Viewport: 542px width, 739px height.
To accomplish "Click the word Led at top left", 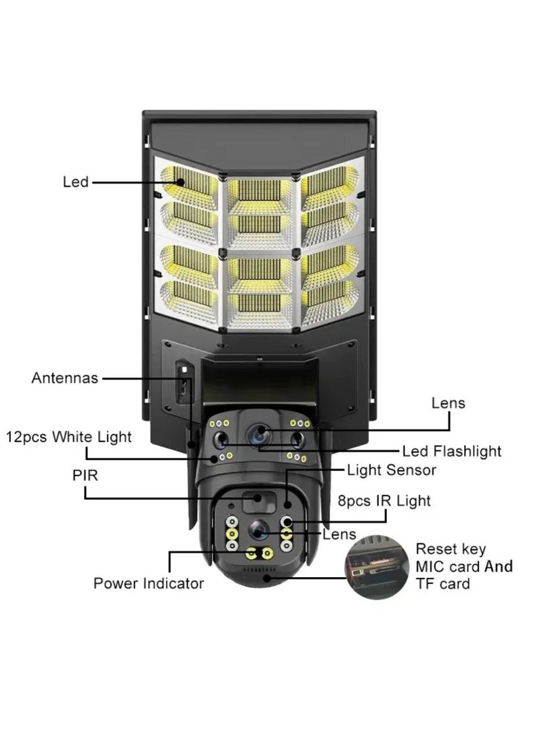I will tap(75, 182).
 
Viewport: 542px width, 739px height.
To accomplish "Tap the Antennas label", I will tap(64, 378).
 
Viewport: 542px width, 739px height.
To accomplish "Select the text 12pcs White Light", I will tap(68, 437).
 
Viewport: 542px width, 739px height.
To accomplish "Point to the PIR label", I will tap(85, 476).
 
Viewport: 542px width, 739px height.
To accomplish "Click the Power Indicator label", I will tap(148, 583).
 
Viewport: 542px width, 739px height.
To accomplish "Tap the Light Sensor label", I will tap(391, 469).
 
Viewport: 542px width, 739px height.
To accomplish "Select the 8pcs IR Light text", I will tap(383, 501).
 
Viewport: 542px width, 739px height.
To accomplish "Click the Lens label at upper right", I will tap(449, 403).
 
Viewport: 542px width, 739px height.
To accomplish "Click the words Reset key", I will tap(451, 549).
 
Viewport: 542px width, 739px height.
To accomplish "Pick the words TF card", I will tap(443, 584).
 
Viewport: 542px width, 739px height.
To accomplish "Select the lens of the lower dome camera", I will tap(257, 530).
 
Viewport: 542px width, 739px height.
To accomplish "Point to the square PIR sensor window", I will tap(257, 500).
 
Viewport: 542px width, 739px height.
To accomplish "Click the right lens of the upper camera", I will tap(296, 441).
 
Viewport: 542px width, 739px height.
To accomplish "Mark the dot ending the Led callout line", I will tap(181, 182).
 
